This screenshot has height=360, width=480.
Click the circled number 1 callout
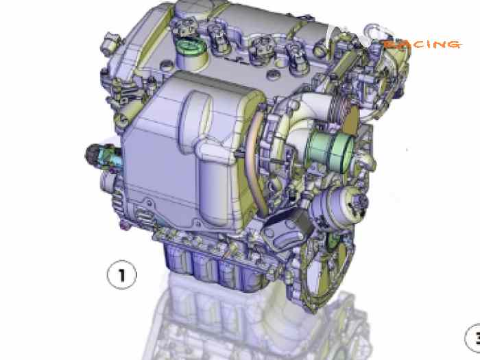pos(122,275)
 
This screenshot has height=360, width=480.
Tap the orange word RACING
pos(421,45)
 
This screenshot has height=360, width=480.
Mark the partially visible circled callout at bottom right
pos(473,337)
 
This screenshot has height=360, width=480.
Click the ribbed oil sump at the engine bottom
pos(206,264)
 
